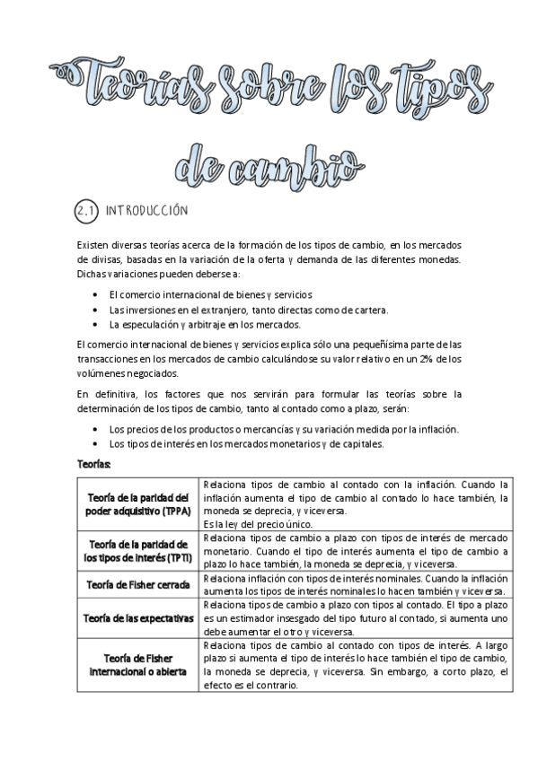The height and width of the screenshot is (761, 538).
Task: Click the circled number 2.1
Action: click(x=86, y=211)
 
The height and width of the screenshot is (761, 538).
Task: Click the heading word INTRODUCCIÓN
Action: click(x=146, y=212)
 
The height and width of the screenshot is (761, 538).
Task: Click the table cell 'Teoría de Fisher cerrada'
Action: click(x=138, y=584)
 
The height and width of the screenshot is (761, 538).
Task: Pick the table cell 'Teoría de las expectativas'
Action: click(x=138, y=618)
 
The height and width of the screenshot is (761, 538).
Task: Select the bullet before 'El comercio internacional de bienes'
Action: click(x=96, y=294)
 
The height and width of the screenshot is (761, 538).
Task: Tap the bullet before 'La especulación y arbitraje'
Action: click(x=96, y=324)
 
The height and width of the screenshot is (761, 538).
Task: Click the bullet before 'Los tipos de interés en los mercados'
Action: click(x=96, y=443)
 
